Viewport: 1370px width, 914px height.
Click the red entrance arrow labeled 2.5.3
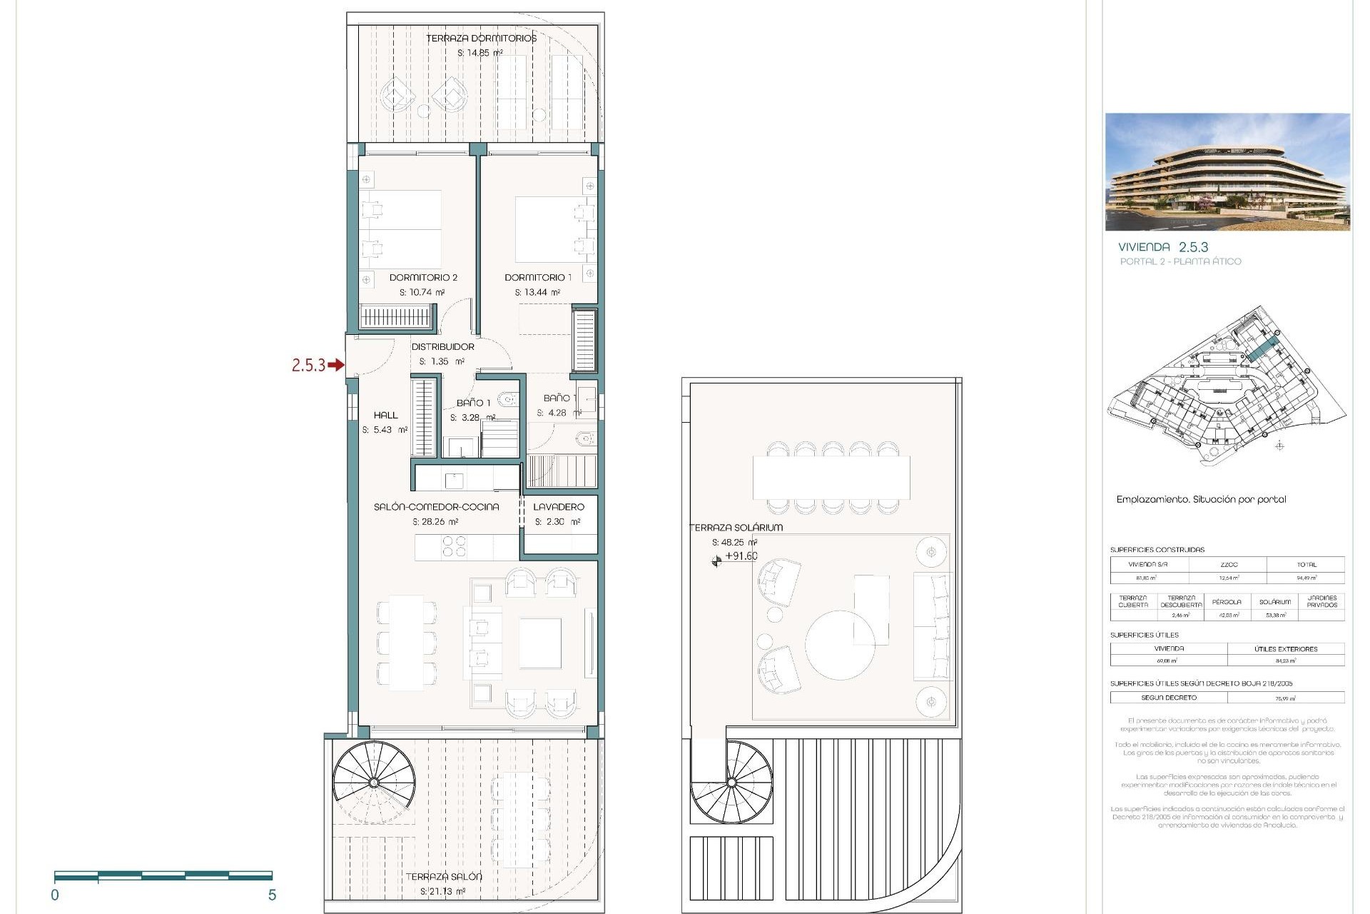pyautogui.click(x=335, y=366)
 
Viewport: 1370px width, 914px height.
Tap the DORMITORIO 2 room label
pyautogui.click(x=423, y=277)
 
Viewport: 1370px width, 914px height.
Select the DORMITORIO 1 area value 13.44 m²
pyautogui.click(x=537, y=292)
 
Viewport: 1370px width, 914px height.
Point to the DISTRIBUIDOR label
pyautogui.click(x=442, y=346)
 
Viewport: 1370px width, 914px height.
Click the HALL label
pyautogui.click(x=385, y=415)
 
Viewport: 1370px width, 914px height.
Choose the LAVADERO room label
pyautogui.click(x=559, y=506)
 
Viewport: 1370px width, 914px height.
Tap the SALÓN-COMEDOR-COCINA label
pyautogui.click(x=436, y=506)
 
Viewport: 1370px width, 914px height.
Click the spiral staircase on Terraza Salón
pyautogui.click(x=374, y=782)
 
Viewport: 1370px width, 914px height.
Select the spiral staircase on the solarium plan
pyautogui.click(x=731, y=783)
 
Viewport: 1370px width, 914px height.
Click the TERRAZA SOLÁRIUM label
pyautogui.click(x=736, y=527)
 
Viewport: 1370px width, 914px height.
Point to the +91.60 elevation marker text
pyautogui.click(x=741, y=556)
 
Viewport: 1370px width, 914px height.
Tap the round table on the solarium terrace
pyautogui.click(x=840, y=644)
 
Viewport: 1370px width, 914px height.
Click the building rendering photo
pyautogui.click(x=1227, y=171)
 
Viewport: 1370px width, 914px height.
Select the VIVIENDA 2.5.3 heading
pyautogui.click(x=1163, y=247)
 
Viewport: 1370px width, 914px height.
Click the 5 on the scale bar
pyautogui.click(x=272, y=895)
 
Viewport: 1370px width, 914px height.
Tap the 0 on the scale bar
pyautogui.click(x=55, y=895)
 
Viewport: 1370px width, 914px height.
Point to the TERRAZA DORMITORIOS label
pyautogui.click(x=481, y=38)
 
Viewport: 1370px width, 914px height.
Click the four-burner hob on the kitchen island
pyautogui.click(x=454, y=546)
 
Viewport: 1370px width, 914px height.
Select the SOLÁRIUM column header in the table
pyautogui.click(x=1274, y=601)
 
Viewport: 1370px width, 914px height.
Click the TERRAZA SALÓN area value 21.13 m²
pyautogui.click(x=442, y=891)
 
